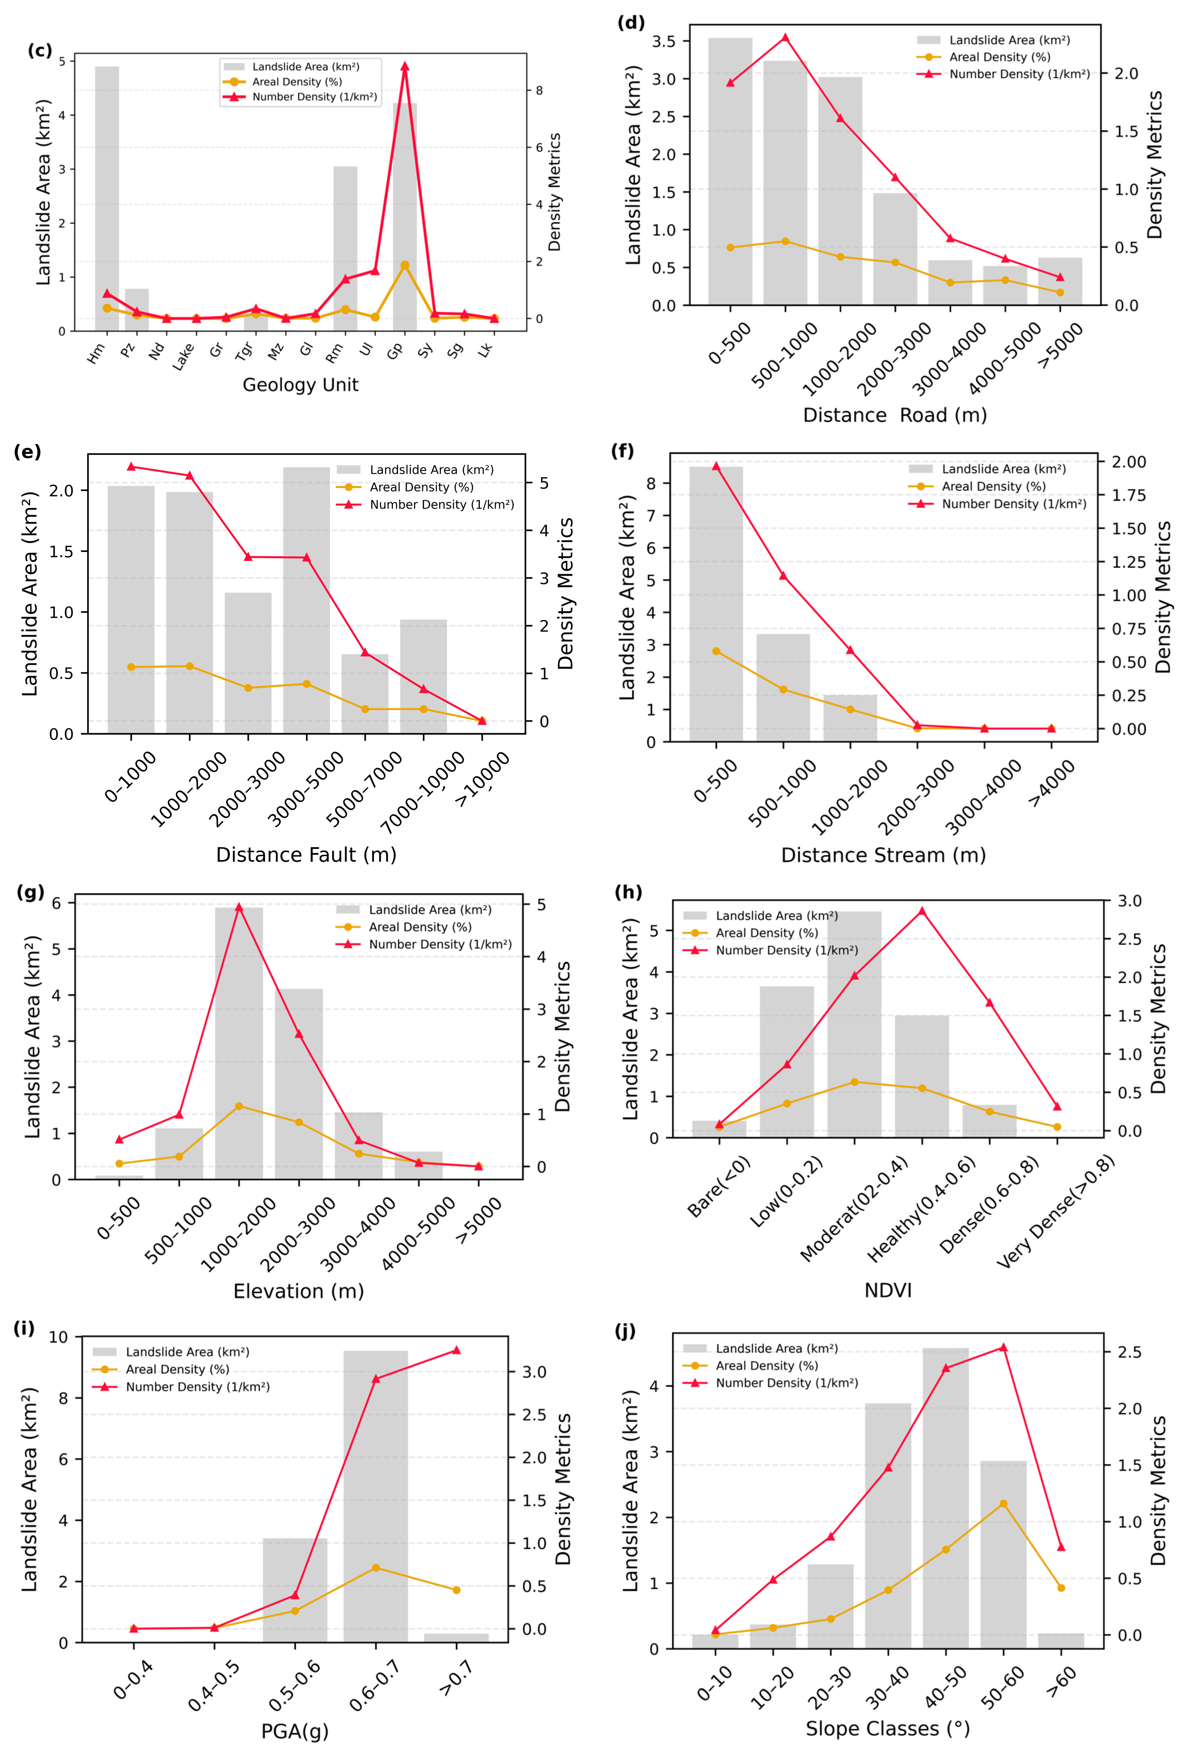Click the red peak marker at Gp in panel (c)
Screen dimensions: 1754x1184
point(405,66)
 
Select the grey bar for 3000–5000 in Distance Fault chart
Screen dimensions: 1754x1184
point(307,600)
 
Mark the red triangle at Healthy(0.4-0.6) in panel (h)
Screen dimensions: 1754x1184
point(921,911)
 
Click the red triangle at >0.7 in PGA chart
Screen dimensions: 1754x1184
point(456,1350)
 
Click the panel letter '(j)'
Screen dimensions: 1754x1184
point(625,1331)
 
